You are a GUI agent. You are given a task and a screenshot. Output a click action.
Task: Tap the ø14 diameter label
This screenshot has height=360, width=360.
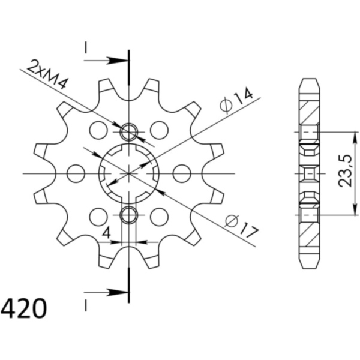point(237,100)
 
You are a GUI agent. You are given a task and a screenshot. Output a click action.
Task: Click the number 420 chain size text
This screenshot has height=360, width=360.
point(24,310)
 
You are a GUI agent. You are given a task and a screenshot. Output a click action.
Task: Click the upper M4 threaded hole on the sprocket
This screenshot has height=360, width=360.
point(129,131)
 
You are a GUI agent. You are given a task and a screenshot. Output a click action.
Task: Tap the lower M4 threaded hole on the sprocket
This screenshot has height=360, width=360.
point(129,215)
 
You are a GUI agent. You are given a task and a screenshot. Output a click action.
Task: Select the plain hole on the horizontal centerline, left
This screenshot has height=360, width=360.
point(76,173)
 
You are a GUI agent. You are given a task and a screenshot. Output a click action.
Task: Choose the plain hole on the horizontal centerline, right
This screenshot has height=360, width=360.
point(182,173)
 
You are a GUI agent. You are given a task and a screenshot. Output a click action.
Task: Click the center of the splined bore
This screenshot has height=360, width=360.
point(129,173)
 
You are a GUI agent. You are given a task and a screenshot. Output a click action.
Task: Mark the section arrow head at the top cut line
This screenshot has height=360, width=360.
point(120,60)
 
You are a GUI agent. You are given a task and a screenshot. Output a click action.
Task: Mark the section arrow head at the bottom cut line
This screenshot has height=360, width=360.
point(120,293)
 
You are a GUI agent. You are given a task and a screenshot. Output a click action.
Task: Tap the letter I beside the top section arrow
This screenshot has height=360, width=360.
point(86,47)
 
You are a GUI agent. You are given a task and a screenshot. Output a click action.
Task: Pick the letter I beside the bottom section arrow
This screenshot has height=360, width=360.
point(86,305)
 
